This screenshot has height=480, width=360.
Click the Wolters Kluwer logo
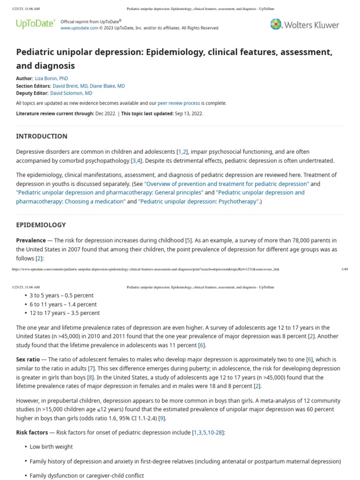pos(304,24)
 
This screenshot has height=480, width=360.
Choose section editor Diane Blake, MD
pos(108,86)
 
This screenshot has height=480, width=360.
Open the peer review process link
pos(179,103)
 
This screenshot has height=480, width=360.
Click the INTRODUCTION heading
pos(42,136)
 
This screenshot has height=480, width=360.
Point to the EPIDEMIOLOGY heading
pos(41,225)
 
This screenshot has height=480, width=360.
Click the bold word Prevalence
pos(31,240)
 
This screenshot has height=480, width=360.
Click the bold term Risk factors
pos(32,432)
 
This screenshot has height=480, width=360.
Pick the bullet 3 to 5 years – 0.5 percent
pos(61,295)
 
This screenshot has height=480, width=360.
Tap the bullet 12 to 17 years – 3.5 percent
pos(65,313)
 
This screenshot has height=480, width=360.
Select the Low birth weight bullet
pos(51,447)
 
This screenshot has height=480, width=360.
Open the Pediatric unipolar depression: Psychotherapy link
pos(198,201)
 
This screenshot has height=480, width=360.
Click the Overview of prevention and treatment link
pos(226,184)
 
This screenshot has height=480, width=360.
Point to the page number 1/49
pos(345,269)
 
